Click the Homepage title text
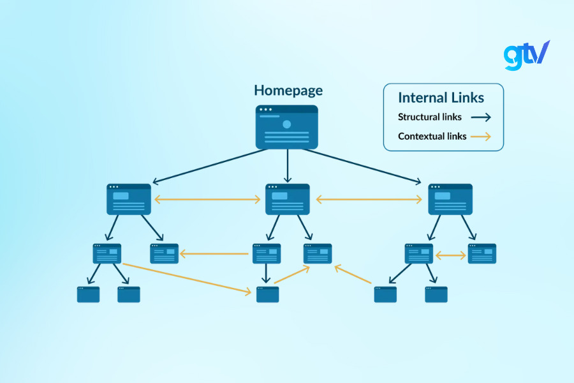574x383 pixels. (x=288, y=90)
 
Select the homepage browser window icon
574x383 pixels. (x=287, y=127)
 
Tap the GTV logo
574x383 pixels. (x=526, y=55)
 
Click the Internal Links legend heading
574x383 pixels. (x=441, y=98)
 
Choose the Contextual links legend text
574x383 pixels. (x=432, y=136)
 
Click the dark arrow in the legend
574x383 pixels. (x=481, y=117)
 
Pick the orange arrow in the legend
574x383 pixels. (x=481, y=137)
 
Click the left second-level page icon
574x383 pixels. (x=129, y=199)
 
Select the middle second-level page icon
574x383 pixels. (x=287, y=199)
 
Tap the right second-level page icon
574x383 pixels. (x=450, y=199)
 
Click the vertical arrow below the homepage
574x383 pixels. (x=287, y=167)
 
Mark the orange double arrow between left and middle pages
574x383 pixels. (x=208, y=200)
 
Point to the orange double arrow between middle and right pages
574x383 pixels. (x=369, y=200)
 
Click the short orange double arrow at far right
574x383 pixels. (x=450, y=255)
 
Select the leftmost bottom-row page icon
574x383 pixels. (x=88, y=294)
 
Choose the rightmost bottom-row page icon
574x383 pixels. (x=436, y=294)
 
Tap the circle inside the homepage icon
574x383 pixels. (x=286, y=124)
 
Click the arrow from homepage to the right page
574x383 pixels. (x=364, y=165)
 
